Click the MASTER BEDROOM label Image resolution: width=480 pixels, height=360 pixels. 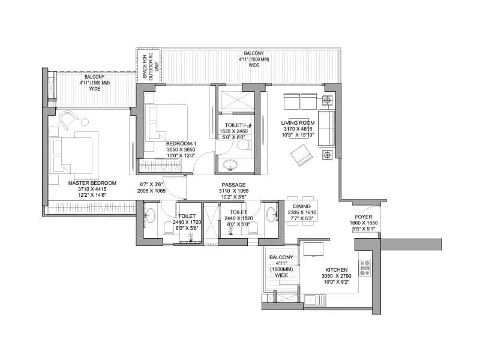92,182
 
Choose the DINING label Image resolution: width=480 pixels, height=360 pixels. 298,206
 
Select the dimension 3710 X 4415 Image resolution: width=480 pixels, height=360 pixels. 92,189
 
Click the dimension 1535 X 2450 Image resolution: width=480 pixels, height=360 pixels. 233,131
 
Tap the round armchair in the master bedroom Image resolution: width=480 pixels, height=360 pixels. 68,119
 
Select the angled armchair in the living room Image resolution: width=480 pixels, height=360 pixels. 301,157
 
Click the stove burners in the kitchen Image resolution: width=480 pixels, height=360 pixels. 364,268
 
